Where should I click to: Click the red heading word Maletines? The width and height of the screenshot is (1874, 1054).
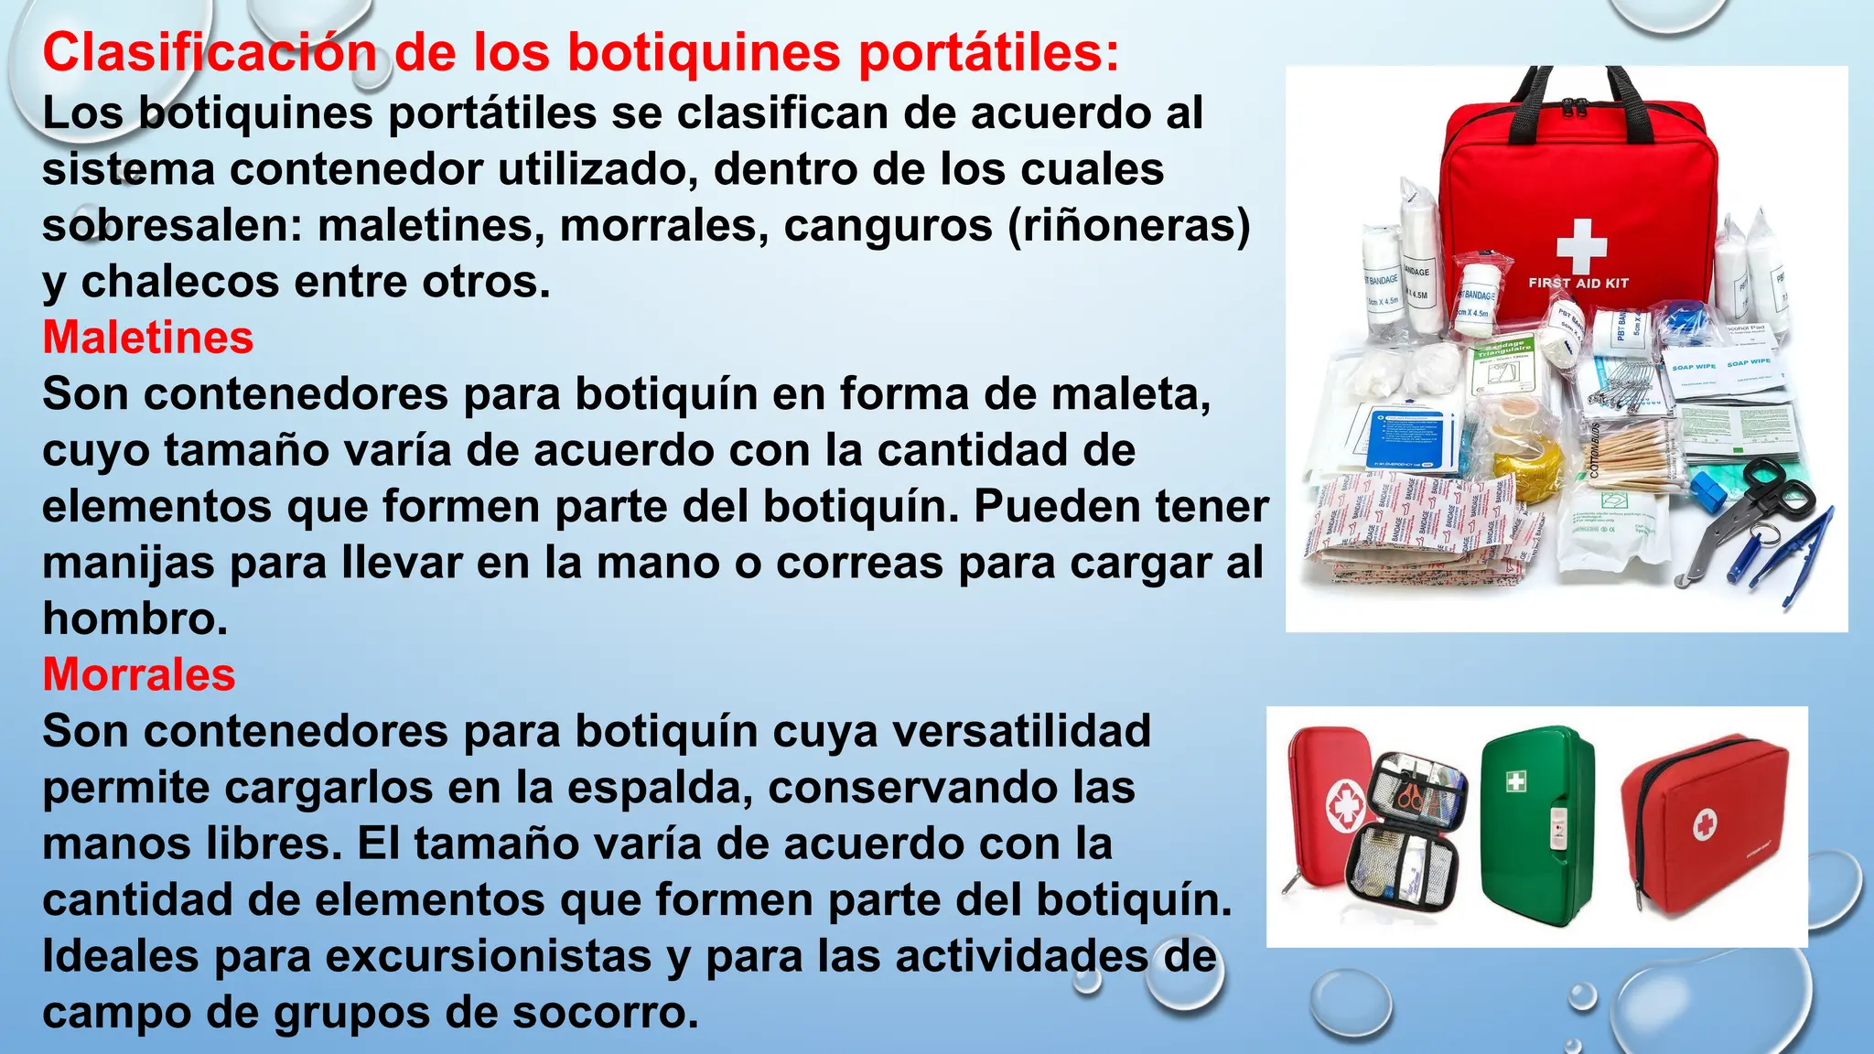(x=147, y=338)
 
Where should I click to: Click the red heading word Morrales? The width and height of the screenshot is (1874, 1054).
(x=139, y=675)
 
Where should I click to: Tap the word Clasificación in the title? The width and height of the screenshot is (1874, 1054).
(x=209, y=52)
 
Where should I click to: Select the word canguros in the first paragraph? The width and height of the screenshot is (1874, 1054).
(x=888, y=226)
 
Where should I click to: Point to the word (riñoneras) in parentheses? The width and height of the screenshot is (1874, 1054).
(x=1128, y=226)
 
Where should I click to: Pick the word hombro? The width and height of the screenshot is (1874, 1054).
(x=135, y=619)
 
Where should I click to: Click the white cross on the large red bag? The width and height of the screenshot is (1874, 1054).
(x=1580, y=244)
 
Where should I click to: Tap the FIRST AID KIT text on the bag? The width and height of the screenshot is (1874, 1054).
(x=1578, y=284)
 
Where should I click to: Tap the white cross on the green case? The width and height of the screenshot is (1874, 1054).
(x=1515, y=780)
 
